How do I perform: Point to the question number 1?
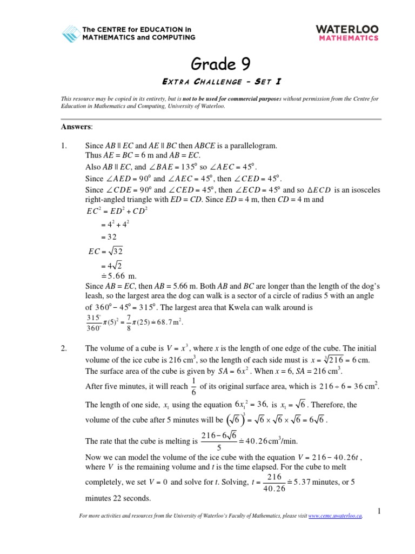coord(63,146)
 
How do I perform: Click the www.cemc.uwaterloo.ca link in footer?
coord(334,517)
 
